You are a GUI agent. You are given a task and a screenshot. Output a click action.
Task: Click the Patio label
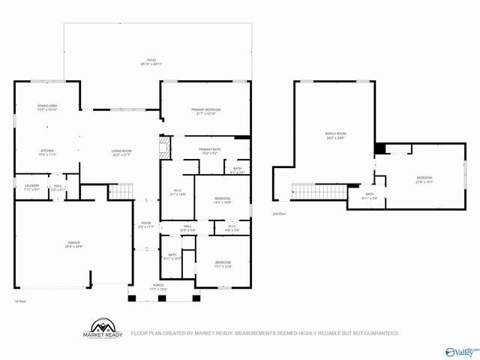[x=151, y=60]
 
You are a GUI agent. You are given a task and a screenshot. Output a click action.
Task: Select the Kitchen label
[x=47, y=151]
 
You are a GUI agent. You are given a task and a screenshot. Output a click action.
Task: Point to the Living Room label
[x=122, y=151]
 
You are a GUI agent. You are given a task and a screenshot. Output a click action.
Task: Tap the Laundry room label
[x=31, y=185]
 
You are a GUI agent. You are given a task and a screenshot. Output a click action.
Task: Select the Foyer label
[x=146, y=223]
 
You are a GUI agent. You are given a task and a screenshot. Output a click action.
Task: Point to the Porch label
[x=158, y=286]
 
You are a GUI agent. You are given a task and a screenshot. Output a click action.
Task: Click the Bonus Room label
[x=335, y=134]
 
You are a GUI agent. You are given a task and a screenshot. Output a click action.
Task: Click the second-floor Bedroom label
[x=424, y=178]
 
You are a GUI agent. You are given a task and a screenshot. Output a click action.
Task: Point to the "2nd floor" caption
[x=279, y=214]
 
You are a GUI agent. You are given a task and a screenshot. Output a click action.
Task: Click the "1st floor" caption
[x=21, y=301]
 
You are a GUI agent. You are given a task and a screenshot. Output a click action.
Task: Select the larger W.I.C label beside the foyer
[x=178, y=192]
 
